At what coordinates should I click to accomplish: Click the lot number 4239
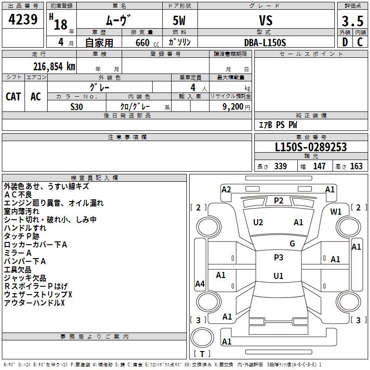pos(23,19)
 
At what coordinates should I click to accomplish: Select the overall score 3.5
pos(352,21)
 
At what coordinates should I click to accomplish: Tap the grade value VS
pos(265,20)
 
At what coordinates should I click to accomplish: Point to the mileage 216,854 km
pos(54,67)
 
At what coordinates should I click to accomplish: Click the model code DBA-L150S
pos(265,43)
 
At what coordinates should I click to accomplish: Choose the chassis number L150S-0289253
pos(311,147)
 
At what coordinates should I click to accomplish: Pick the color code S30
pos(77,107)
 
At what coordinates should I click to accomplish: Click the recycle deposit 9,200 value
pos(233,107)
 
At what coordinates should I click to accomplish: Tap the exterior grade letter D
pos(345,42)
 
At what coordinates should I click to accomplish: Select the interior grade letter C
pos(360,42)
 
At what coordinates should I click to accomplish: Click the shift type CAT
pos(13,97)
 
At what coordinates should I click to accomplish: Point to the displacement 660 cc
pos(147,43)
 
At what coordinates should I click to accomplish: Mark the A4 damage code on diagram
pos(200,284)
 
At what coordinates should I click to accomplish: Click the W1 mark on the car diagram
pos(336,212)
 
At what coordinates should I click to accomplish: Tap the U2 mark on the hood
pos(258,222)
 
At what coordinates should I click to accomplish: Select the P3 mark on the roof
pos(278,258)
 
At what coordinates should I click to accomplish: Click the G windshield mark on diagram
pos(292,244)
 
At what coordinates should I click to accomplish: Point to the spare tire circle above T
pos(202,337)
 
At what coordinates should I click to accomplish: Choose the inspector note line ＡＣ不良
pos(18,195)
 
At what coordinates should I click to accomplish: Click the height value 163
pos(356,166)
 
